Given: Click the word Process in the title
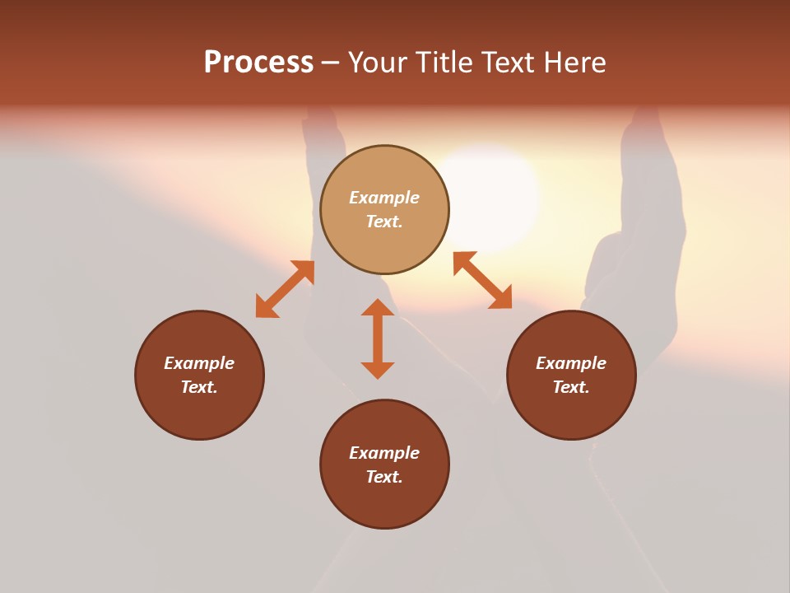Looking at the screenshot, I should point(258,63).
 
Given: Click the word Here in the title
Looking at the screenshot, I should point(575,63).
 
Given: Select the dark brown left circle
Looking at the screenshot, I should point(199,412).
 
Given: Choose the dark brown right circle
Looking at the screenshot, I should point(571,412).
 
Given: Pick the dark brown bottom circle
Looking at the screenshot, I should point(384,502).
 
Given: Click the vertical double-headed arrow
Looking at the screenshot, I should point(378,339).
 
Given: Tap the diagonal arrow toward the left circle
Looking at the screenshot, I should point(285,289).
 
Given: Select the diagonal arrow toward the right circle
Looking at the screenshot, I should point(482,280).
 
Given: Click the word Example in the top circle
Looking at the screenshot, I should point(384,198).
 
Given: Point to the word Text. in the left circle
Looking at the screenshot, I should point(199,387).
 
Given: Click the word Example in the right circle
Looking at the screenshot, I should point(571,363).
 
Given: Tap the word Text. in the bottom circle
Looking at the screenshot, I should point(384,477).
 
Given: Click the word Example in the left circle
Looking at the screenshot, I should point(199,363).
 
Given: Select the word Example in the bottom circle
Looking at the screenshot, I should point(384,453).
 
